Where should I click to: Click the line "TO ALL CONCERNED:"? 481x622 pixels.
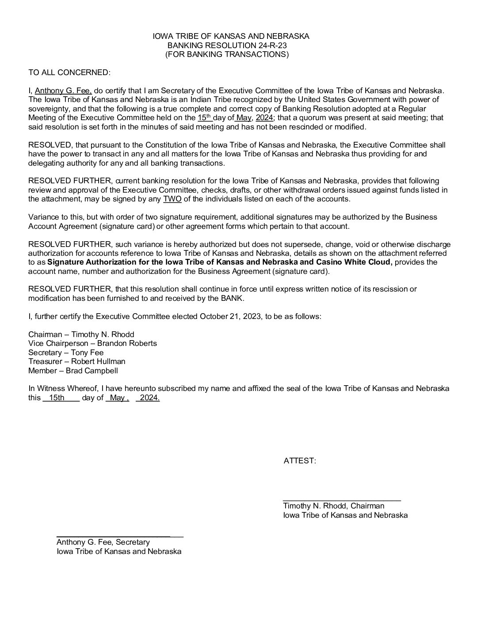tap(69, 72)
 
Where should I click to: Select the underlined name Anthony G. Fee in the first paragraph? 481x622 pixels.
tap(63, 91)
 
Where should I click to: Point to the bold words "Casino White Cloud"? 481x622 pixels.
tap(360, 262)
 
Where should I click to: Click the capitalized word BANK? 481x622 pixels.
tap(231, 298)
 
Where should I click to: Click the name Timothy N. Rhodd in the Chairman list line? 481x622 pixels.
tap(103, 334)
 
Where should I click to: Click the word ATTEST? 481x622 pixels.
tap(299, 461)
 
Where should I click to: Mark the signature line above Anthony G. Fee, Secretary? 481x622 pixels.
tap(120, 536)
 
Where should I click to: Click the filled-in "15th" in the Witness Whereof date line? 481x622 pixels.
tap(57, 398)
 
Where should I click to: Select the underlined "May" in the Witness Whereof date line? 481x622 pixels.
tap(117, 398)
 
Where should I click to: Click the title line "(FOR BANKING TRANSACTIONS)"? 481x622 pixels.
tap(227, 54)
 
